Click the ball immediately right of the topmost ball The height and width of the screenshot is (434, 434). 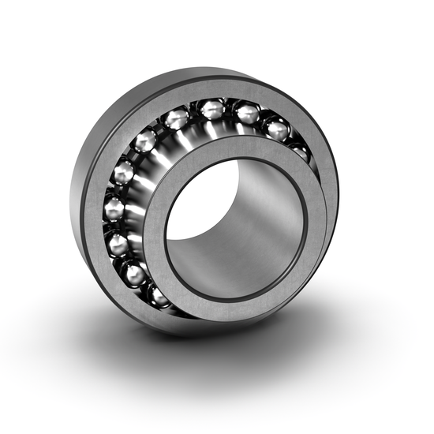coord(246,115)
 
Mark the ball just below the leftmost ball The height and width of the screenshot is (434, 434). coord(118,245)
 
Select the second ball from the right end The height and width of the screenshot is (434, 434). coord(275,129)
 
